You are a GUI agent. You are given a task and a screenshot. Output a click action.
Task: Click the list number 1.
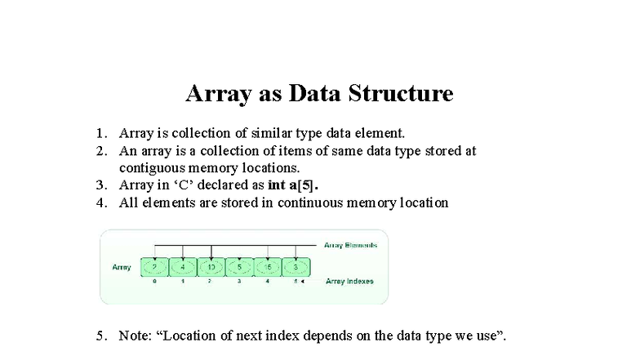[x=101, y=133]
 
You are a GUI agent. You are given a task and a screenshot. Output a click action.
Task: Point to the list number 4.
[x=101, y=202]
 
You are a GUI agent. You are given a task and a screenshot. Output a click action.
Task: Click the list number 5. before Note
[x=101, y=336]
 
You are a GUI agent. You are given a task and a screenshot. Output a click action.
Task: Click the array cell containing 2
[x=154, y=267]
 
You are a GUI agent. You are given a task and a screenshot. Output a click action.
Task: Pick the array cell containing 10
[x=211, y=267]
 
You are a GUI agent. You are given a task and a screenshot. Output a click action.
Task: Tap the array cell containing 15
[x=267, y=267]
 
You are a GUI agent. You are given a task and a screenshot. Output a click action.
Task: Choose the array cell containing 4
[x=182, y=267]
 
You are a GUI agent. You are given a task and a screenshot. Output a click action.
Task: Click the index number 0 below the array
[x=154, y=282]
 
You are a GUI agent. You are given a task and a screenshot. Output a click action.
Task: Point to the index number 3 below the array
[x=239, y=282]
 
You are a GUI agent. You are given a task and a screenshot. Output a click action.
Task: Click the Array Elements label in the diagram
[x=350, y=245]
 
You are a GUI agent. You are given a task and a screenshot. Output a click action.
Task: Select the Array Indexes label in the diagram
[x=349, y=282]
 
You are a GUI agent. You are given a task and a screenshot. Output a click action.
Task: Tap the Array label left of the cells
[x=122, y=267]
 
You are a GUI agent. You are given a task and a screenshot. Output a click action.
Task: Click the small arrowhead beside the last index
[x=303, y=282]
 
